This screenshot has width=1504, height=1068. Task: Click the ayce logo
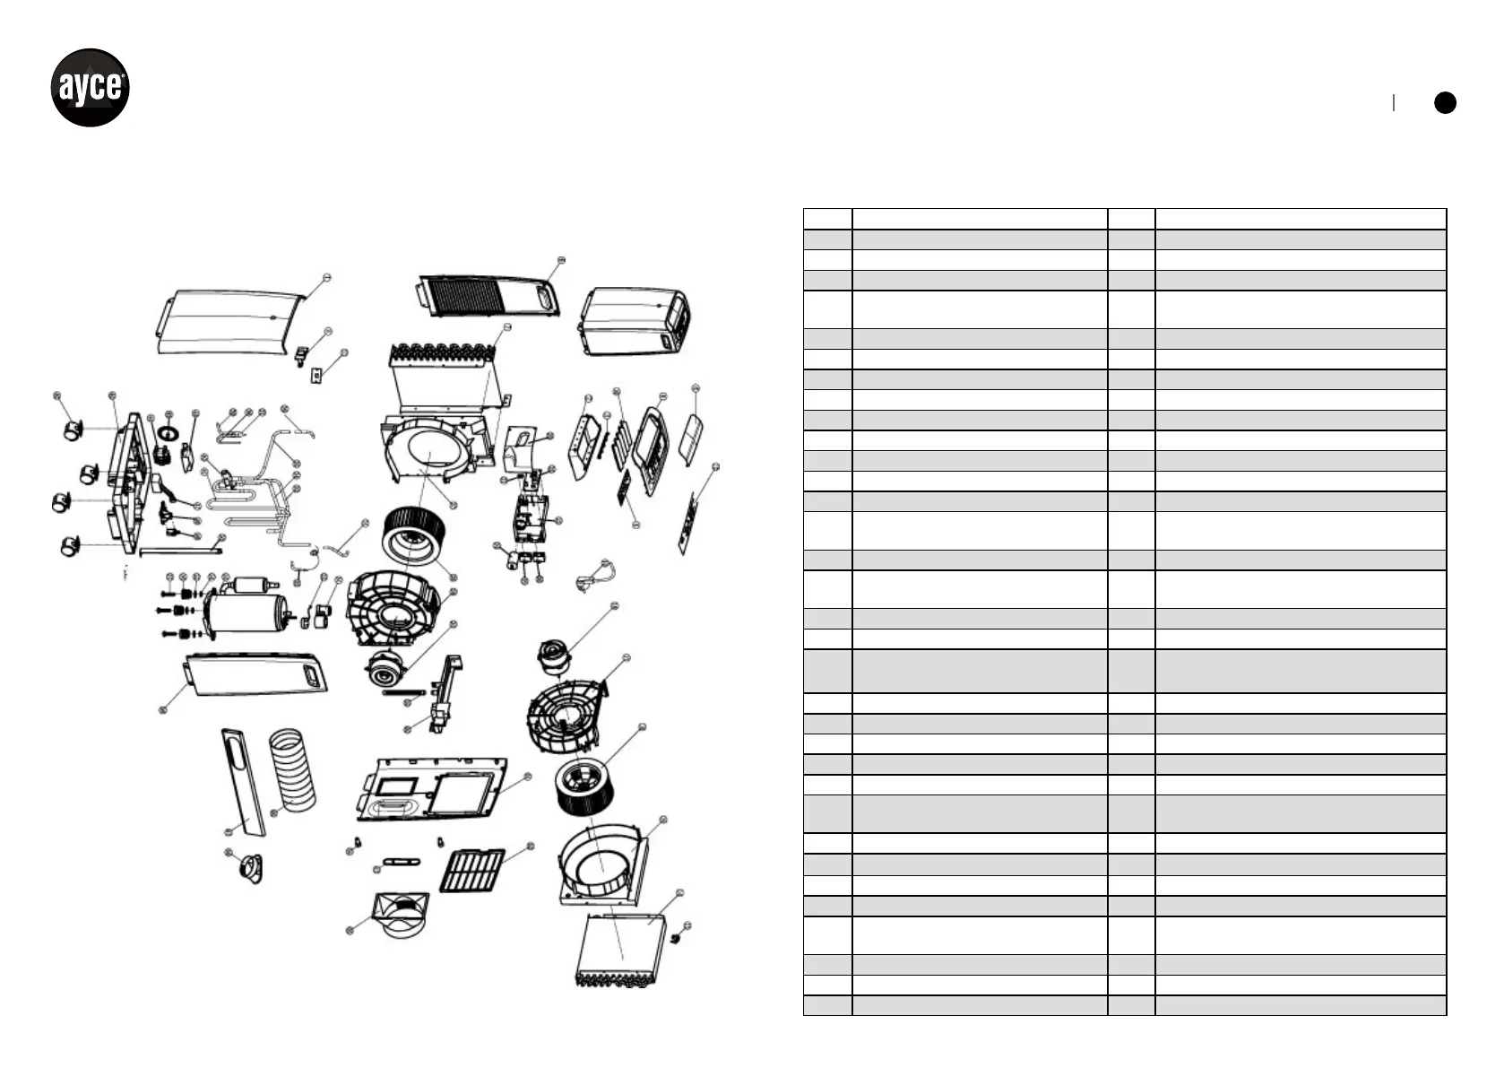point(90,88)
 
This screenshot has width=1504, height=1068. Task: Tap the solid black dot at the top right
point(1445,102)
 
